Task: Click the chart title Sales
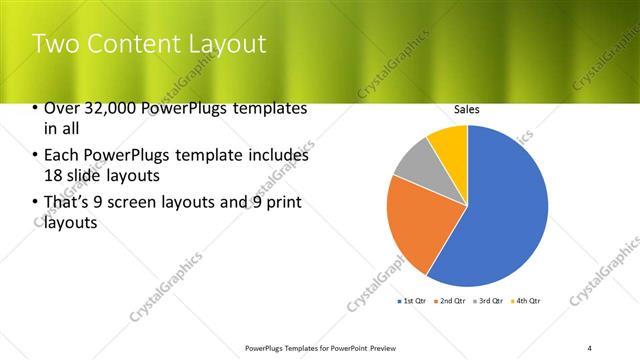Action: tap(467, 109)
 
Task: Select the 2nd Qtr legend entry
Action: tap(451, 300)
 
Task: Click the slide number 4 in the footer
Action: tap(590, 347)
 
